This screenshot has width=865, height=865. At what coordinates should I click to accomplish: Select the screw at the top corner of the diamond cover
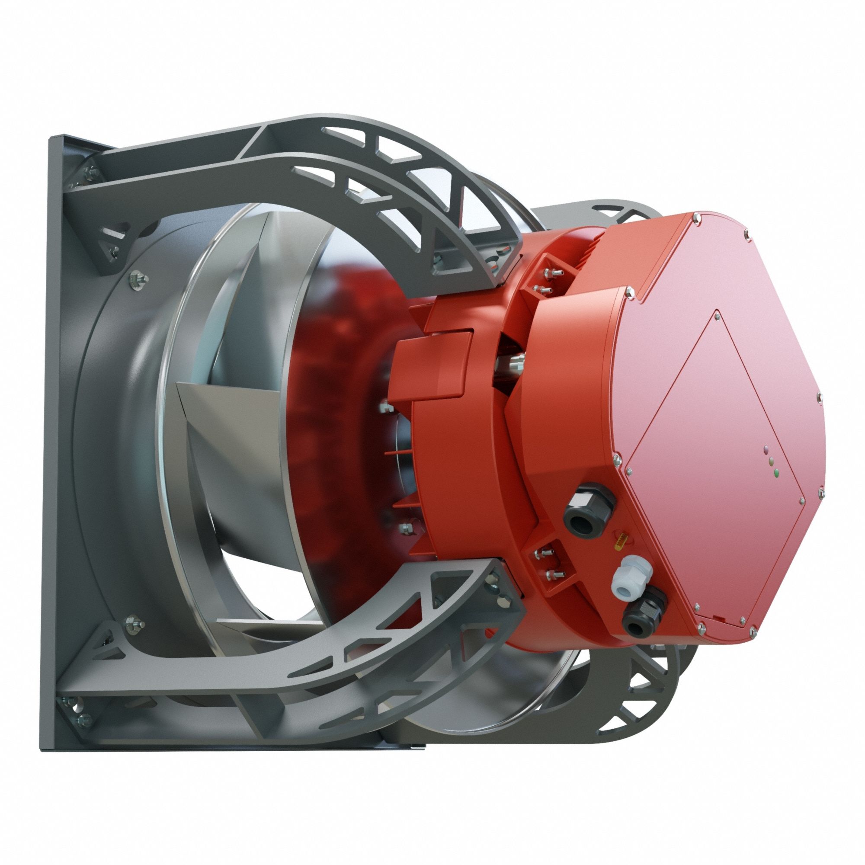coord(716,314)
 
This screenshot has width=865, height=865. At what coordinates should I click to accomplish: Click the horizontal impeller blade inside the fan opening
coord(233,403)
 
